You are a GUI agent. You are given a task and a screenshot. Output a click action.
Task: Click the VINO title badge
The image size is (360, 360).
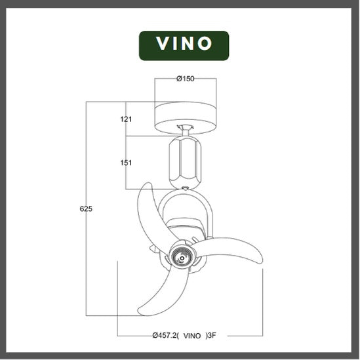tap(184, 45)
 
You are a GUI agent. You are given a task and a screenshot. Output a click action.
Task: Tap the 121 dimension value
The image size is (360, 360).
tap(127, 119)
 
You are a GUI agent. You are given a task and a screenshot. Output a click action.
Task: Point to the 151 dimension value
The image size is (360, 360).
tap(127, 163)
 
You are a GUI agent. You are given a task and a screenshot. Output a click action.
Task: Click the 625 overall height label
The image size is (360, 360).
tap(87, 209)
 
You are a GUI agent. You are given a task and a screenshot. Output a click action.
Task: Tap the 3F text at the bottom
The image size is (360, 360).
tap(212, 335)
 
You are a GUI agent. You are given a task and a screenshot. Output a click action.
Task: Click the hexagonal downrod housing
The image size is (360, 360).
tap(185, 162)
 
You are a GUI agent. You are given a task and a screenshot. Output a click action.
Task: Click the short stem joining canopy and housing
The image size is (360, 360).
tap(186, 132)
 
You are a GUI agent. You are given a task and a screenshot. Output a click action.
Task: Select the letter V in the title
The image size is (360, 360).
tap(163, 45)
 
